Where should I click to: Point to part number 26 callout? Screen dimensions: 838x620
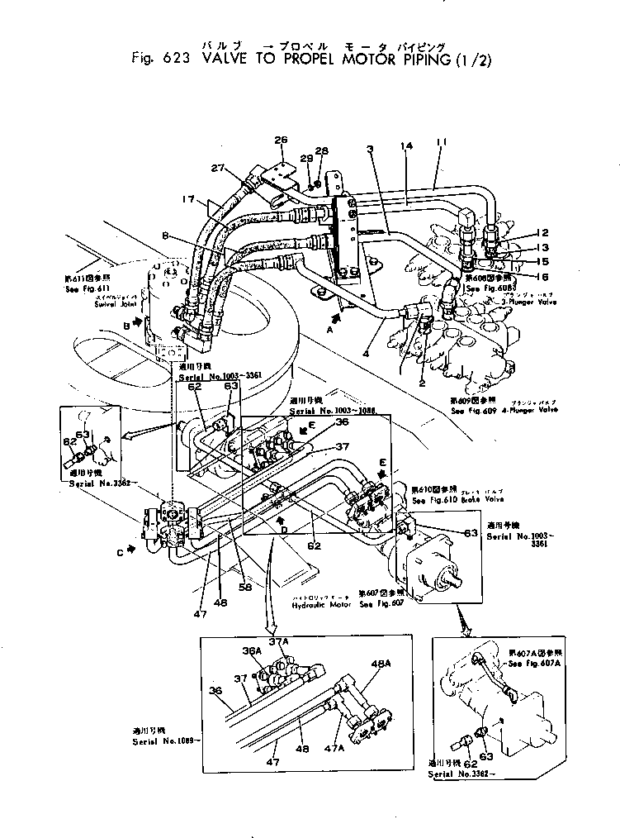click(x=280, y=140)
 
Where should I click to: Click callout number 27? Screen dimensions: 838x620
click(x=217, y=168)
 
